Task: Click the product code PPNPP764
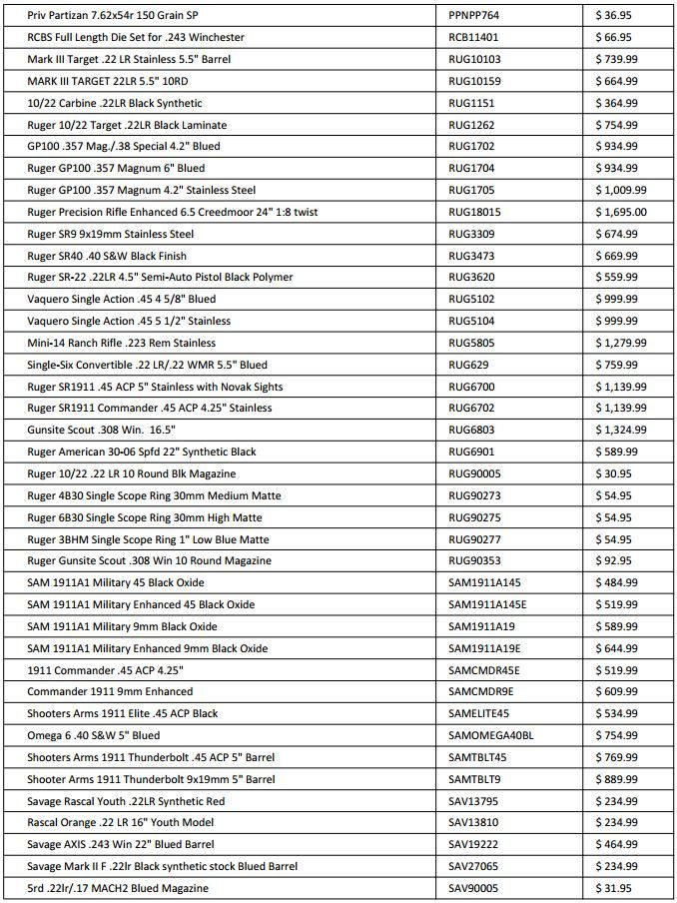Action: click(474, 16)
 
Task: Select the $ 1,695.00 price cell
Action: click(621, 212)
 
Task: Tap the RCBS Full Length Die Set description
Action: click(136, 38)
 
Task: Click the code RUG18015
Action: click(475, 212)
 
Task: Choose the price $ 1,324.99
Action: click(621, 430)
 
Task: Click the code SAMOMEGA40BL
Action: click(491, 735)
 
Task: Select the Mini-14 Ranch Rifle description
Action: click(121, 343)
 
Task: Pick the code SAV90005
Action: click(475, 888)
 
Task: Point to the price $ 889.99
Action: click(617, 779)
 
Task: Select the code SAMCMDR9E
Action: click(481, 691)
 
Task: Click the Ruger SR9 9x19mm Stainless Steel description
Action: click(111, 234)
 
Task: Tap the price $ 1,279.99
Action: click(621, 343)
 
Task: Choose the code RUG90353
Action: click(475, 560)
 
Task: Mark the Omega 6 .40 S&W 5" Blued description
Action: click(94, 735)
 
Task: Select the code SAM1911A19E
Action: click(487, 648)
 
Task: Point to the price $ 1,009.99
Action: click(621, 190)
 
